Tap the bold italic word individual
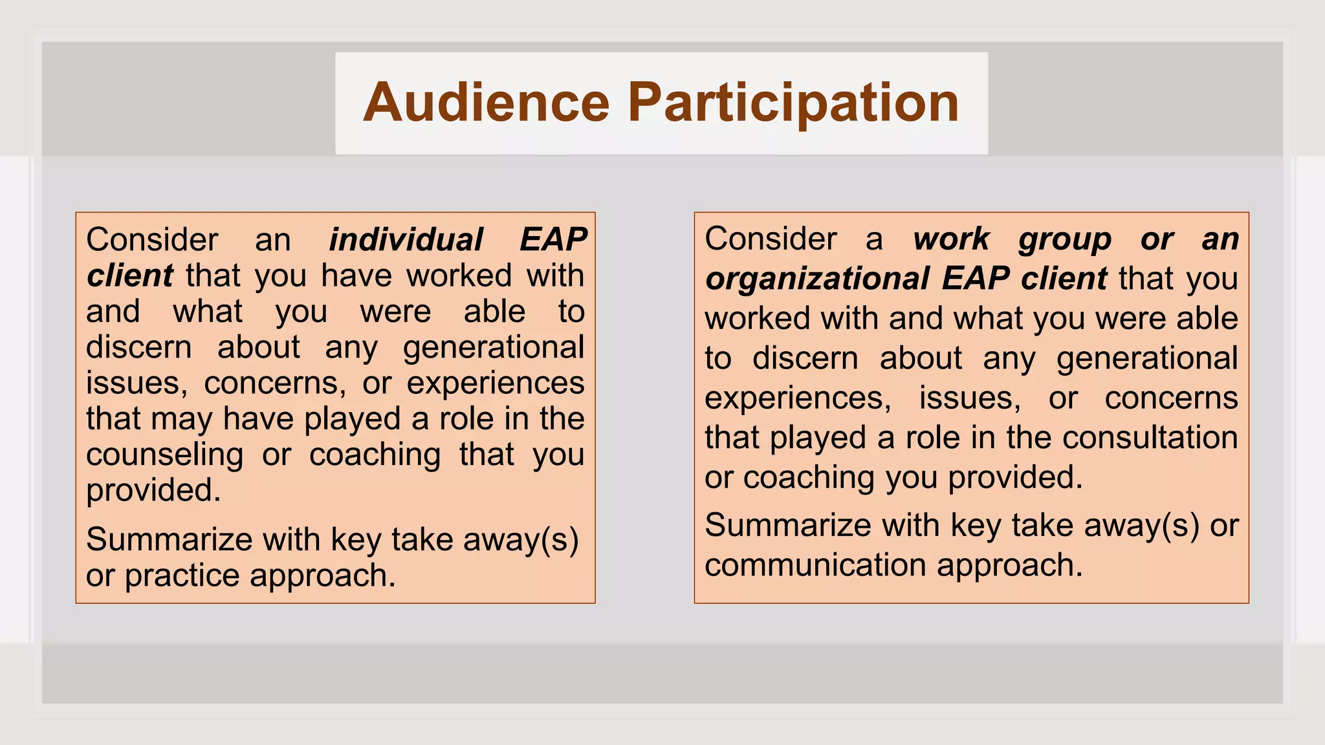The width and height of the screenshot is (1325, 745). pos(406,240)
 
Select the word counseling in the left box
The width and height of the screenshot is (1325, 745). pos(165,455)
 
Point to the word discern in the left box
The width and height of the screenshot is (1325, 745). pos(138,347)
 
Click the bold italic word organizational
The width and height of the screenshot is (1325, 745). pos(817,279)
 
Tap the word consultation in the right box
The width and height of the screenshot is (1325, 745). pos(1150,438)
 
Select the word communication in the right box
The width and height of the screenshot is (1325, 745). pos(816,565)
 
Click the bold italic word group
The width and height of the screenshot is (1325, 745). pos(1064,239)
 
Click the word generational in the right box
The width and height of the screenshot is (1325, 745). pos(1146,358)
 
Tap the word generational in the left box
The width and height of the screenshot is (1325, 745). pos(494,347)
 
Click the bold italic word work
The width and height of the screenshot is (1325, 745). pos(950,239)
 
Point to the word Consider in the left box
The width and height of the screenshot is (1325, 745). pos(152,240)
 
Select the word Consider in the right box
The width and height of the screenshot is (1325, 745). pos(771,239)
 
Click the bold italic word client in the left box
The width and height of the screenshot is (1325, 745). pos(129,276)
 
